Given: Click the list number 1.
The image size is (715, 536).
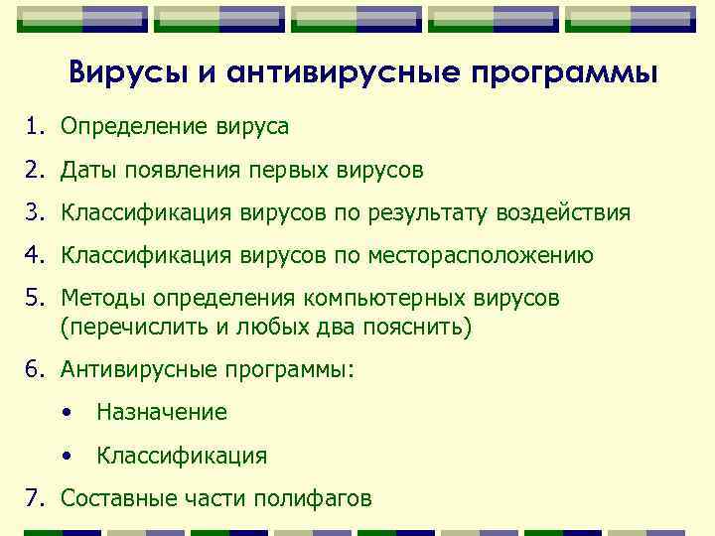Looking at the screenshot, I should pyautogui.click(x=34, y=127).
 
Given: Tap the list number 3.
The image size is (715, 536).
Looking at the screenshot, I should pyautogui.click(x=34, y=213).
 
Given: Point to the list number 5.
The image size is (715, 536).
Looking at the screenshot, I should pyautogui.click(x=34, y=299).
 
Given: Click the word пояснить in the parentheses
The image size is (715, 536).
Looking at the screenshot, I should pyautogui.click(x=416, y=327).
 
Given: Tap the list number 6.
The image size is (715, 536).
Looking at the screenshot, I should pyautogui.click(x=34, y=369).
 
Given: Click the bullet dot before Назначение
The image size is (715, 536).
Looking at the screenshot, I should pyautogui.click(x=66, y=413).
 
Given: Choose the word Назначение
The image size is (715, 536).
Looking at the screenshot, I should pyautogui.click(x=162, y=412).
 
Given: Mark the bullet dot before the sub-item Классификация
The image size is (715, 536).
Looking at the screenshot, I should pyautogui.click(x=66, y=457).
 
